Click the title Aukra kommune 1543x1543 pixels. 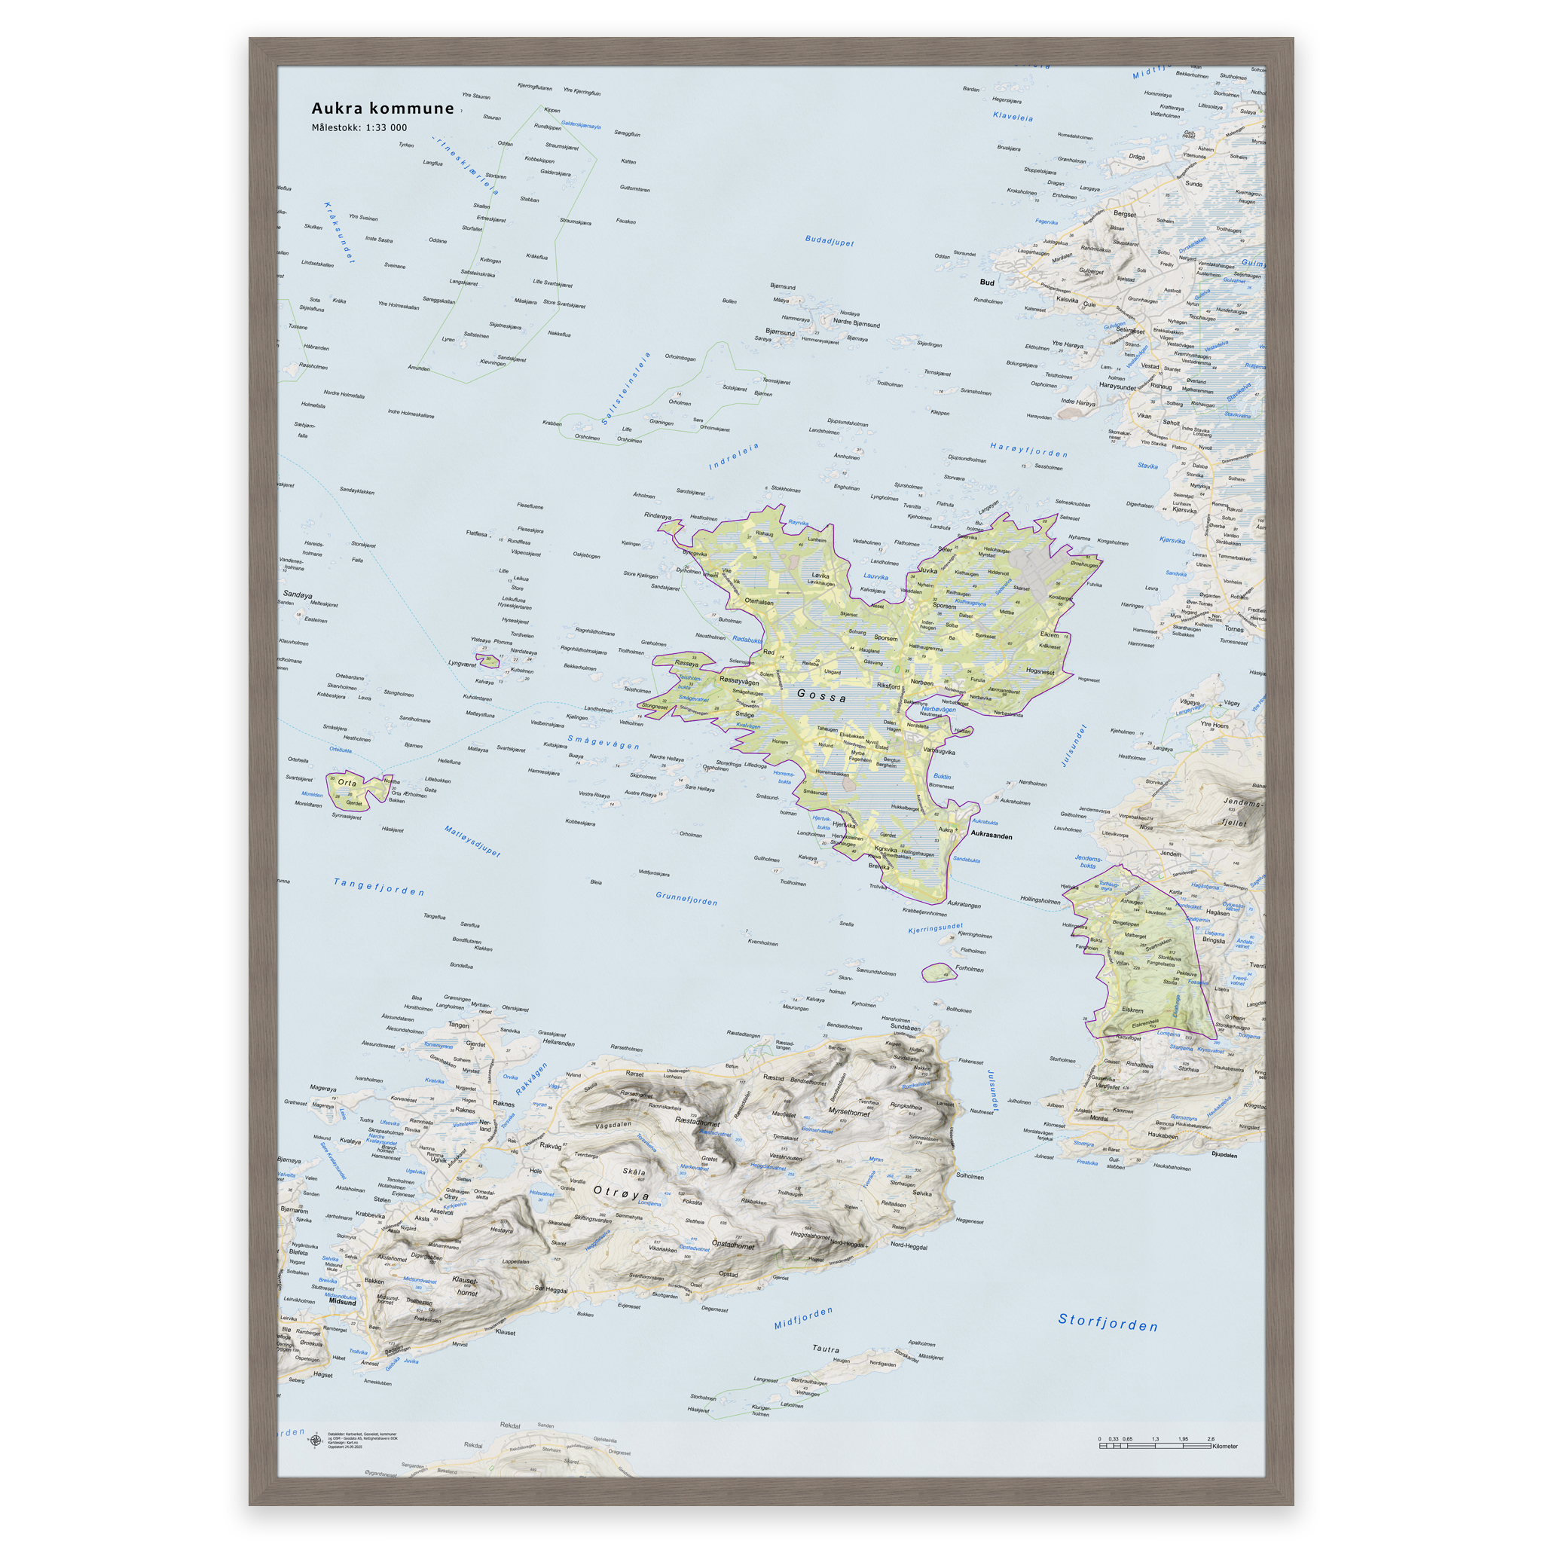383,108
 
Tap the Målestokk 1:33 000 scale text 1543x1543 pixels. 359,128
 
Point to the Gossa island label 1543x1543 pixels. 822,695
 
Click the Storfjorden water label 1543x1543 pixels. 1108,1322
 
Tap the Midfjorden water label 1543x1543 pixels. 803,1318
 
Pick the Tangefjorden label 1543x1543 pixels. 378,887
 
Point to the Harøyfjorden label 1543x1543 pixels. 1028,450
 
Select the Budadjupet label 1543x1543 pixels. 829,240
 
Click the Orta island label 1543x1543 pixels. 347,783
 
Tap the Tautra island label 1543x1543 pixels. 826,1349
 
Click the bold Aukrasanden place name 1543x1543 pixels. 991,836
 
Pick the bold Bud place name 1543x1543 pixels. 987,283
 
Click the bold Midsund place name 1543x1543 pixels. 343,1302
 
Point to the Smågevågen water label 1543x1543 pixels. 603,743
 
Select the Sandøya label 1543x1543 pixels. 297,595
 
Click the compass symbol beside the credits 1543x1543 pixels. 316,1441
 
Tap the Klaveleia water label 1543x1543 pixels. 1013,117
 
